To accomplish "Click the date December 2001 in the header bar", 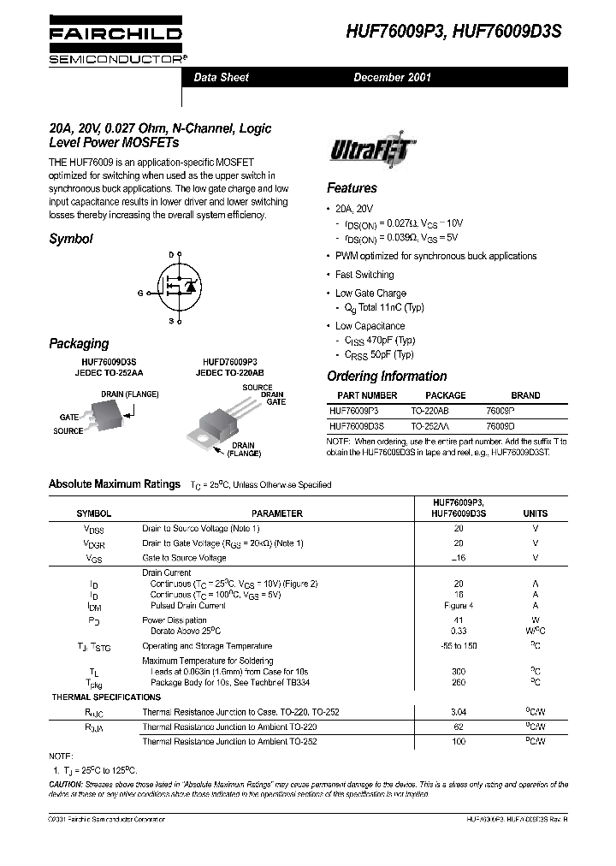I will click(x=393, y=77).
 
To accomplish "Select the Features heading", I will click(x=352, y=188).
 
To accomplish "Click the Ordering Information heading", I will click(x=387, y=377).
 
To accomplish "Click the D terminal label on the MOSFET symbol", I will click(x=171, y=255).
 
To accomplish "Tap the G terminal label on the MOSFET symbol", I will click(x=139, y=292).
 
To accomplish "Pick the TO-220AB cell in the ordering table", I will click(x=429, y=410).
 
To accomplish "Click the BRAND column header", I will click(x=525, y=395).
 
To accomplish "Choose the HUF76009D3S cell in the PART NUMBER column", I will click(x=357, y=424).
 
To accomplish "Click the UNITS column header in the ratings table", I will click(x=535, y=513).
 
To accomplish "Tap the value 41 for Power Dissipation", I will click(x=459, y=620).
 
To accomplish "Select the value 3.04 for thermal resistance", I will click(x=459, y=711).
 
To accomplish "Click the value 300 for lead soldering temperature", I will click(x=459, y=672).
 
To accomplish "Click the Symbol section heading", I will click(x=71, y=240).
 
